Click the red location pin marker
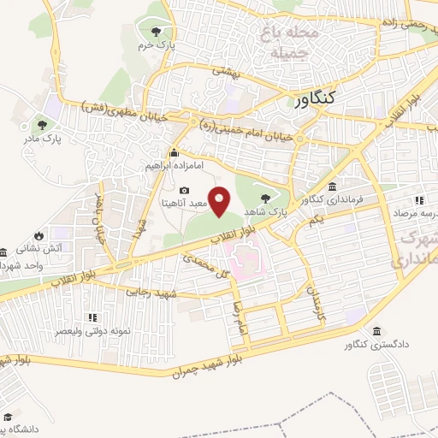point(221,202)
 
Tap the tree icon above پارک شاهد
point(275,197)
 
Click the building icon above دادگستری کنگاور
point(376,332)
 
